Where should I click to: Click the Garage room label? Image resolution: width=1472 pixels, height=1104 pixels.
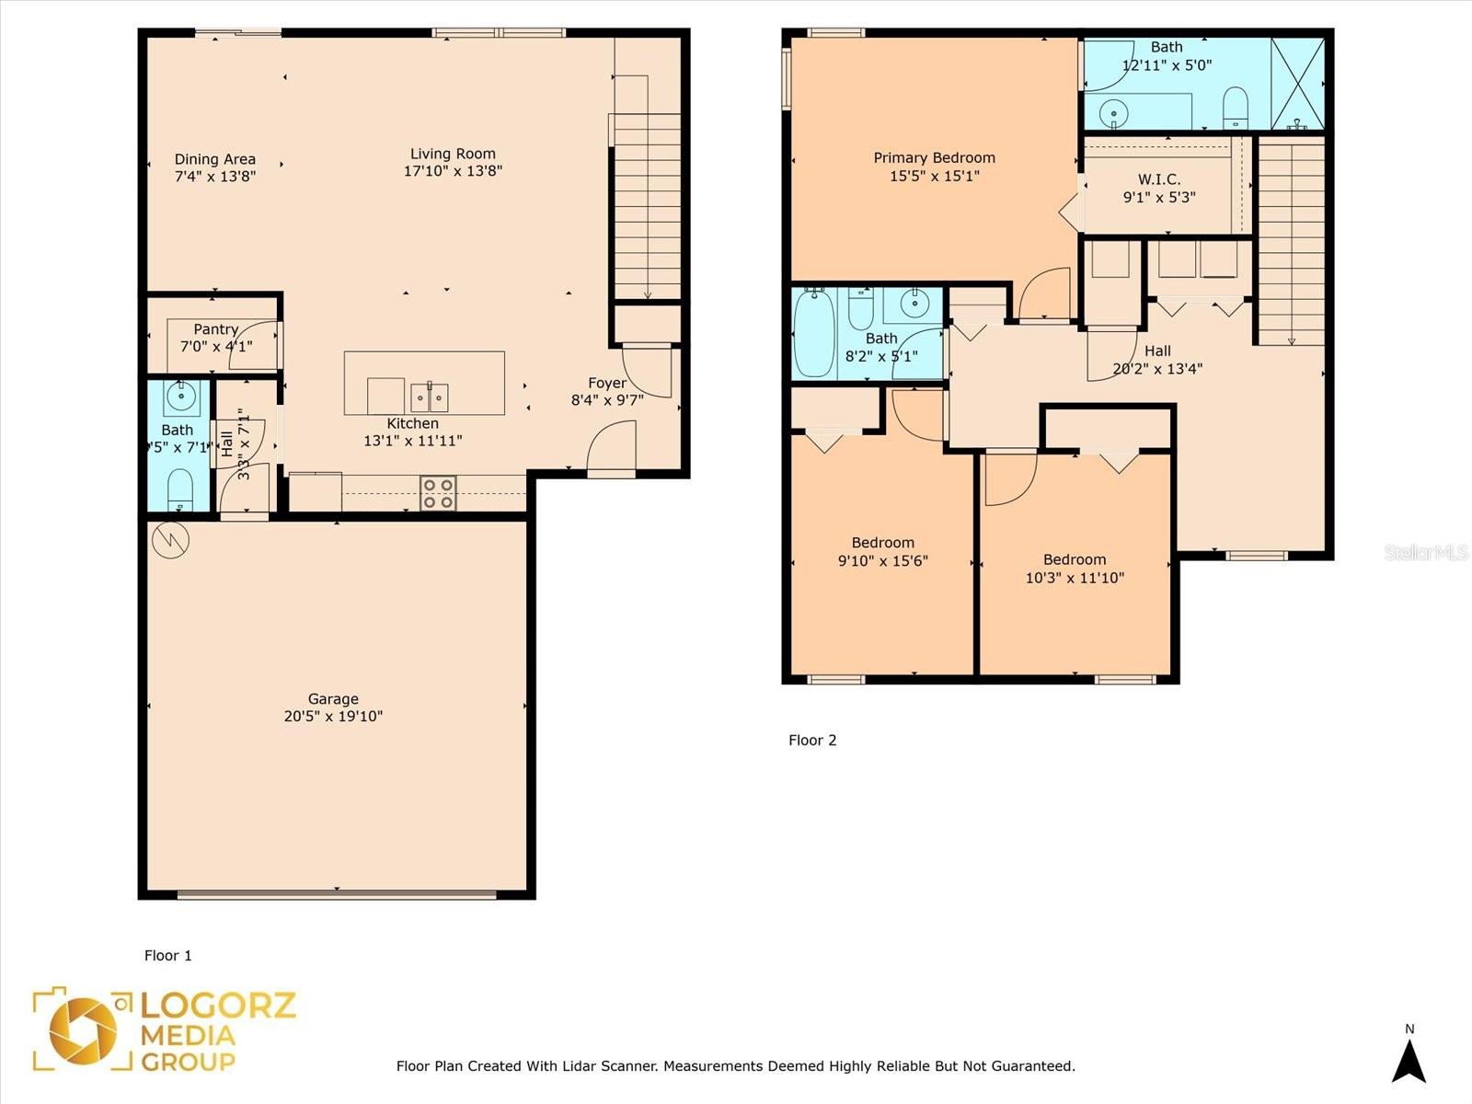point(333,699)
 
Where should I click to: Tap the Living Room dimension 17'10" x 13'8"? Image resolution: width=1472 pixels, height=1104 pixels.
point(453,171)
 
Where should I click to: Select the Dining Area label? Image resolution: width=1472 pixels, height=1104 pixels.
point(214,159)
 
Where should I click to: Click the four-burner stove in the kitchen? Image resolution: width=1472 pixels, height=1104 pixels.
point(439,493)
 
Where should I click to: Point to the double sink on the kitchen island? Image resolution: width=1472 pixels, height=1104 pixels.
point(430,397)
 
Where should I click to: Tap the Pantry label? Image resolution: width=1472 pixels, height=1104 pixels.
point(216,329)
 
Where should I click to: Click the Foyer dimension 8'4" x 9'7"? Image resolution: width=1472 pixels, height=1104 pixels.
point(607,400)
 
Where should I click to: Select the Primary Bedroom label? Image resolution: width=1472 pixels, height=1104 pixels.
point(934,158)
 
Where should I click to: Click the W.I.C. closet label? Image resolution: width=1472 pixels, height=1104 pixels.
point(1159,179)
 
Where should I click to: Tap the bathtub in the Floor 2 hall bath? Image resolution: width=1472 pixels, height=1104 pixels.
point(814,333)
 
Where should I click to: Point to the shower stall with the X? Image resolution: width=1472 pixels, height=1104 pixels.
point(1297,84)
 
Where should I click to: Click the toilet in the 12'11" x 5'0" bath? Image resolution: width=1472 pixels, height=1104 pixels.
point(1236,108)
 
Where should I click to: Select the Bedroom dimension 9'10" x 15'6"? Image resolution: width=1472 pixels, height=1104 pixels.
point(882,561)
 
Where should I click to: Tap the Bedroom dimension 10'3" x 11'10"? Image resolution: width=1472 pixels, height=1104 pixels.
point(1075,578)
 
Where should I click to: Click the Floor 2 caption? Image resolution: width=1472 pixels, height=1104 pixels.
point(812,740)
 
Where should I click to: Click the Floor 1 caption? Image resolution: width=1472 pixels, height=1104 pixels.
point(167,955)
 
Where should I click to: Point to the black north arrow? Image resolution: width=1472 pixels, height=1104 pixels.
point(1409,1060)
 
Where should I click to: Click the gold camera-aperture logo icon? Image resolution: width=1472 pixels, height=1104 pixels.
point(83,1030)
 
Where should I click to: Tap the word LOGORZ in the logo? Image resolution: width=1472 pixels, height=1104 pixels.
point(218,1006)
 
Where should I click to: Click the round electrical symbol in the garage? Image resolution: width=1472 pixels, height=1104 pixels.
point(170,540)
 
